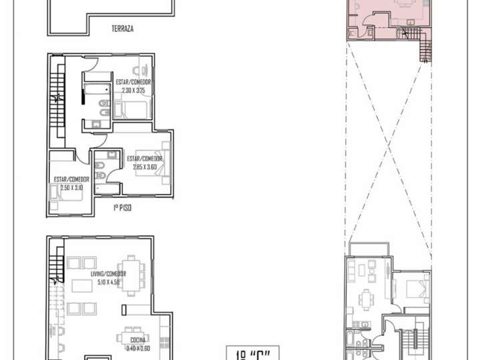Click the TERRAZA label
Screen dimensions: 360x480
coord(123,29)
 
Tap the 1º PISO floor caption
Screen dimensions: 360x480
coord(122,209)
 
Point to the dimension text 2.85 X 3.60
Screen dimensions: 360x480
coord(144,166)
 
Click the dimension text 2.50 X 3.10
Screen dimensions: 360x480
coord(72,187)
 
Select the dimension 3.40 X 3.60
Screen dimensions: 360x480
coord(137,348)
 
